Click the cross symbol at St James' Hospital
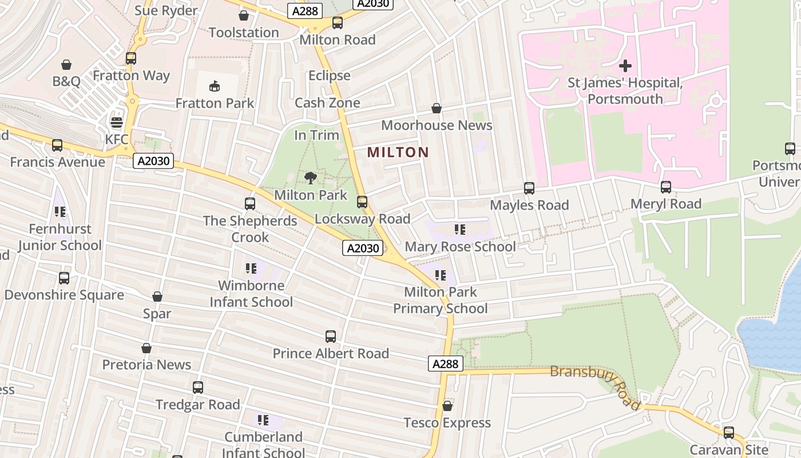tap(625, 66)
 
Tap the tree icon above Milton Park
tap(311, 178)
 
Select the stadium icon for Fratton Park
tap(215, 86)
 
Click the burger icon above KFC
tap(117, 123)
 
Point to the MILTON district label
tap(398, 152)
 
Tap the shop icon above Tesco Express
tap(447, 406)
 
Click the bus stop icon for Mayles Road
tap(529, 188)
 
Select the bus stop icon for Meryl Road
tap(665, 187)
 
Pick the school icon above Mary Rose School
tap(459, 230)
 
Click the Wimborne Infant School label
tap(251, 294)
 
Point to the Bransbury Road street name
tap(595, 388)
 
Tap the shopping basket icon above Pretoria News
tap(146, 348)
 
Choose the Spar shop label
tap(157, 314)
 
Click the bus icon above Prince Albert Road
tap(331, 337)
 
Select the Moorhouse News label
tap(437, 125)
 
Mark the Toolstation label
tap(244, 33)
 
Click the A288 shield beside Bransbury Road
tap(445, 364)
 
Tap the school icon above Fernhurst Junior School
tap(60, 212)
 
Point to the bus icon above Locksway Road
tap(362, 202)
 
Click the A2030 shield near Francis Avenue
tap(153, 161)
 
